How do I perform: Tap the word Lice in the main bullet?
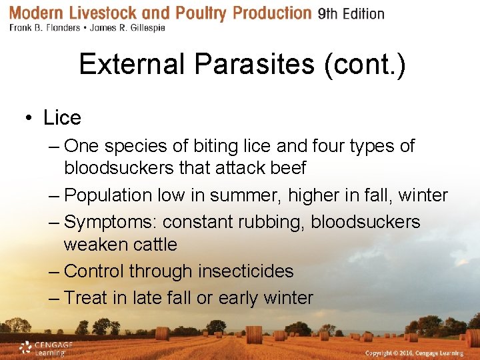pyautogui.click(x=62, y=118)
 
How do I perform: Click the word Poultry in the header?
pyautogui.click(x=197, y=13)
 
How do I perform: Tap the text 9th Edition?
pyautogui.click(x=351, y=14)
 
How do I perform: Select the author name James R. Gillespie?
pyautogui.click(x=128, y=28)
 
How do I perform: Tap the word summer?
pyautogui.click(x=241, y=196)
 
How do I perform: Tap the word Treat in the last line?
pyautogui.click(x=86, y=298)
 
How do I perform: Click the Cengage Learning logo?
pyautogui.click(x=45, y=348)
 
